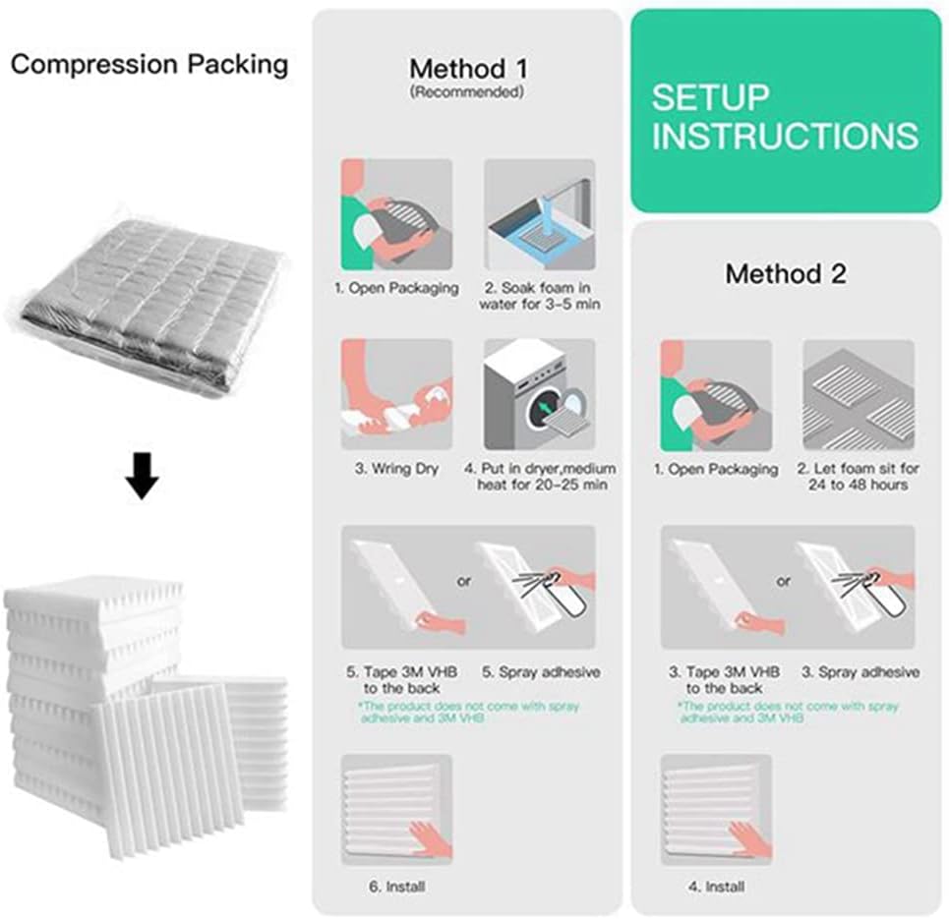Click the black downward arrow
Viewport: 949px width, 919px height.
pyautogui.click(x=144, y=479)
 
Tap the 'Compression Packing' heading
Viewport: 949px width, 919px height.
pyautogui.click(x=149, y=65)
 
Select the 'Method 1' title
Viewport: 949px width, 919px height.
pyautogui.click(x=468, y=69)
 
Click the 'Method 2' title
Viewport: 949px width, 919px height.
pyautogui.click(x=785, y=273)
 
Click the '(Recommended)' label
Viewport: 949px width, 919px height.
pyautogui.click(x=467, y=92)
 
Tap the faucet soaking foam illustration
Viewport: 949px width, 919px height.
pyautogui.click(x=539, y=214)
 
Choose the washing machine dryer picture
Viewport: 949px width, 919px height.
pyautogui.click(x=539, y=394)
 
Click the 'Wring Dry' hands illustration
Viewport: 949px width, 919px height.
pyautogui.click(x=396, y=394)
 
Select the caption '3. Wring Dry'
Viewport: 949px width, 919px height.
pyautogui.click(x=396, y=468)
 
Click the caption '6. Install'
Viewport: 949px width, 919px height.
pyautogui.click(x=397, y=886)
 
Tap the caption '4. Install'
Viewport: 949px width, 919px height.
pyautogui.click(x=715, y=886)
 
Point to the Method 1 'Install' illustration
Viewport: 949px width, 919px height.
pyautogui.click(x=396, y=809)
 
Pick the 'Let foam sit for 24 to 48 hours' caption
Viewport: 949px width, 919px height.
pyautogui.click(x=859, y=477)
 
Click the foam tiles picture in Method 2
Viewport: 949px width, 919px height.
pyautogui.click(x=859, y=395)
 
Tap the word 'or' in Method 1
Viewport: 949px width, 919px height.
pyautogui.click(x=464, y=581)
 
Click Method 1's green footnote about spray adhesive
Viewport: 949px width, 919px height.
pyautogui.click(x=468, y=713)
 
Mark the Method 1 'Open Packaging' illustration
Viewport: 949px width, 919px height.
pyautogui.click(x=396, y=214)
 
